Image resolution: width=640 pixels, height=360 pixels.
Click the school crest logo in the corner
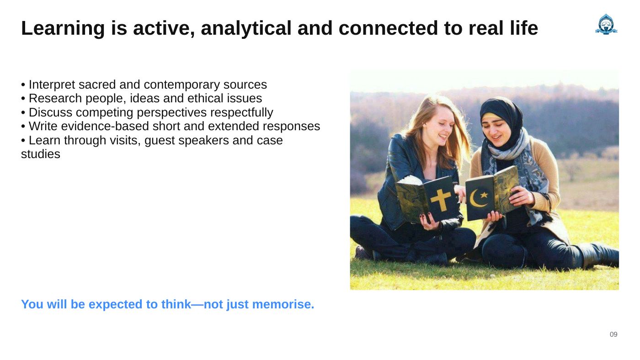pos(606,24)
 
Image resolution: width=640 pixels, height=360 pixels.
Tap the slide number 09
pos(613,334)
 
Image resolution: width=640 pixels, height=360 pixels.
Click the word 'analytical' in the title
pos(246,28)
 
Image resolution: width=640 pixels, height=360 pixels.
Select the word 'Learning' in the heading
pos(63,28)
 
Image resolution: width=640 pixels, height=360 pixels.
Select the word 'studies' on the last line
pos(41,154)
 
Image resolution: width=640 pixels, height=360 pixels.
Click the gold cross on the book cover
pos(441,200)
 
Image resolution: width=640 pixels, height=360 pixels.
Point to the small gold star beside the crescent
pos(484,195)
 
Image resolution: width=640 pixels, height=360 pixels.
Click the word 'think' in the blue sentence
pos(176,304)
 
